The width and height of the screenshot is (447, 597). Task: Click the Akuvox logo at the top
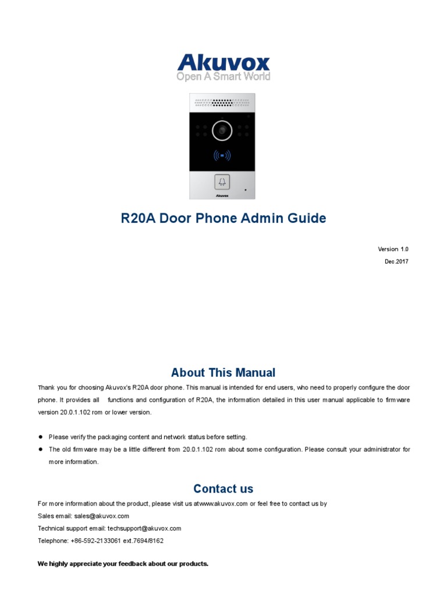click(223, 62)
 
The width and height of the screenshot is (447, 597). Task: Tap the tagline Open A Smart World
click(223, 76)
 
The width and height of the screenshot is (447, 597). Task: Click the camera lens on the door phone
click(222, 131)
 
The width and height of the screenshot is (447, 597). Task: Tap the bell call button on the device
click(222, 182)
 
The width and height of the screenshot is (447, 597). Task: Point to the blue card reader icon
click(222, 156)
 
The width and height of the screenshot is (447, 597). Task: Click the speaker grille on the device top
click(222, 103)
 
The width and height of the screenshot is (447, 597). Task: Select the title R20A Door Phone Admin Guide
click(223, 219)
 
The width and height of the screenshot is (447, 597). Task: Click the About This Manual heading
click(223, 373)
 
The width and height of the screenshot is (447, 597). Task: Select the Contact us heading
click(223, 489)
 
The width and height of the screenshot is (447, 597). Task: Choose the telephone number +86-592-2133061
click(96, 540)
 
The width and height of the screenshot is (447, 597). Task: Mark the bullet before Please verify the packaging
click(41, 437)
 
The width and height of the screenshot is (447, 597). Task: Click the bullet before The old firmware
click(41, 449)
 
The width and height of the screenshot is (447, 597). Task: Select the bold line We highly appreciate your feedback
click(123, 564)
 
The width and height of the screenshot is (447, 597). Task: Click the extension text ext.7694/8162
click(143, 540)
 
